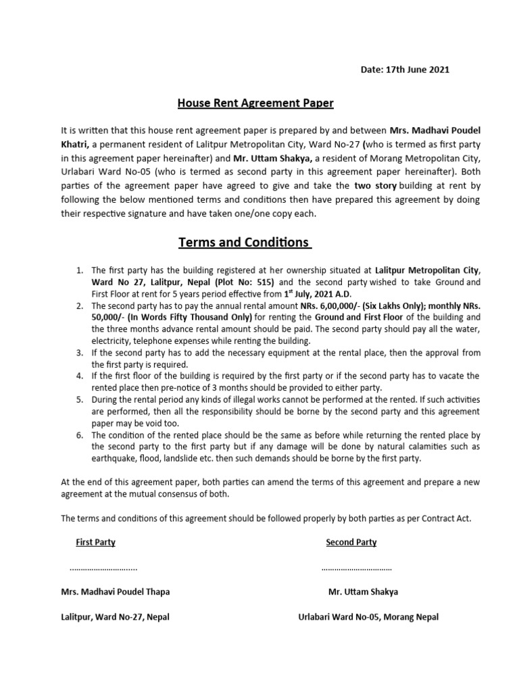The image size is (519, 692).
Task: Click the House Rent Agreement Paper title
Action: (x=255, y=103)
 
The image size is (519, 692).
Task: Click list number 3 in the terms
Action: (x=79, y=353)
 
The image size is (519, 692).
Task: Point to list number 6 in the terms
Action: (x=79, y=435)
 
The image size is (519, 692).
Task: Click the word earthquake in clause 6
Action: (x=113, y=458)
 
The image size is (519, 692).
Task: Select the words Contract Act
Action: (x=445, y=518)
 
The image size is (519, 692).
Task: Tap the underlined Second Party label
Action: (x=351, y=542)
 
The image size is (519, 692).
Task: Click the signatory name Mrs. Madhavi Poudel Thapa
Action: (x=116, y=592)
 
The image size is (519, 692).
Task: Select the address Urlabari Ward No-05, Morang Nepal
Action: (x=368, y=617)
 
